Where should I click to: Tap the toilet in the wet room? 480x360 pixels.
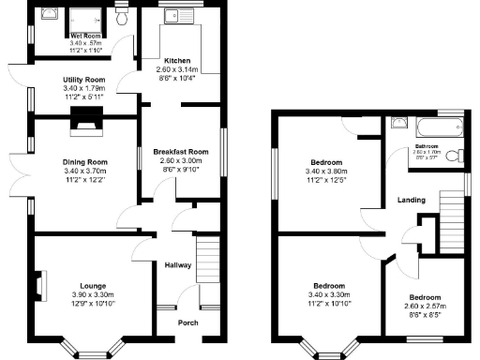(x=122, y=19)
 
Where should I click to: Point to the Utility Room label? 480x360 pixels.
(x=83, y=81)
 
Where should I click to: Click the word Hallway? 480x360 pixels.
(x=178, y=265)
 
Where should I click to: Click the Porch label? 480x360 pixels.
(x=188, y=323)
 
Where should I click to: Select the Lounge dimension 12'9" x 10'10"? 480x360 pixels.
(x=92, y=303)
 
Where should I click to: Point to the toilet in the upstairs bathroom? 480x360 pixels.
(x=453, y=156)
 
